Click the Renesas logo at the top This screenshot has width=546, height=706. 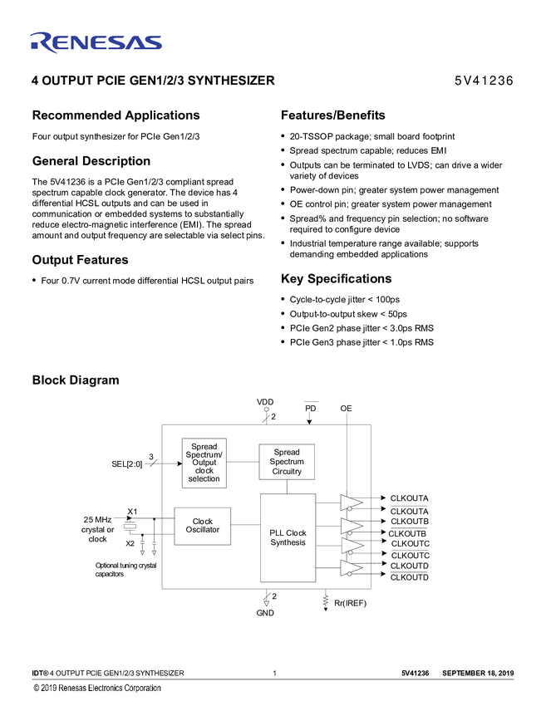96,42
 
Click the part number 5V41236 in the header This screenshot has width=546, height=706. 483,81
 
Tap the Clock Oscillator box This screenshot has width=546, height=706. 202,526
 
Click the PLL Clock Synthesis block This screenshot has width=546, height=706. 288,537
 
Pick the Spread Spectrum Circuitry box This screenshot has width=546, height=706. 287,462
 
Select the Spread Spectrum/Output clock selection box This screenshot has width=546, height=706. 204,463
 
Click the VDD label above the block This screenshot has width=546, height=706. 265,402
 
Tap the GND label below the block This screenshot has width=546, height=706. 265,613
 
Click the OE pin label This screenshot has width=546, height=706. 346,408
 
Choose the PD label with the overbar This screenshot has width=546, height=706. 310,408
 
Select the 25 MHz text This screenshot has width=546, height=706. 97,519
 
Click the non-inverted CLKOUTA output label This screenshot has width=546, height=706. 409,498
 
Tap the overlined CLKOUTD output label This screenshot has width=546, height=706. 409,577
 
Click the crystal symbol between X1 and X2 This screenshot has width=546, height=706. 130,527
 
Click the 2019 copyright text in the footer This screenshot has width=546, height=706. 96,688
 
